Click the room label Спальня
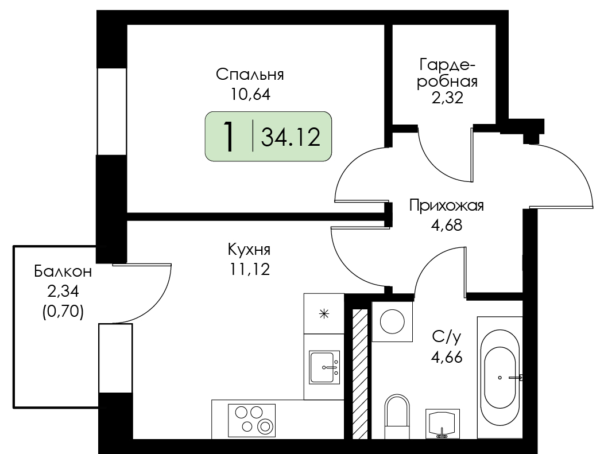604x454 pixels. (250, 74)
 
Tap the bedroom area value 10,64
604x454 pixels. (250, 94)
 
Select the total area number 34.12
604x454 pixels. (291, 137)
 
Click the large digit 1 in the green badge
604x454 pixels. (229, 136)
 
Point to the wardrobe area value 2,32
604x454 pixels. (447, 98)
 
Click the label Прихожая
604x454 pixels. (447, 205)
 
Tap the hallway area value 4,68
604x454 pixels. (447, 225)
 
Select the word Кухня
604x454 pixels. (249, 250)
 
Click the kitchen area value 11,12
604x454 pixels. (250, 269)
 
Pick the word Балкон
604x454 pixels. (63, 271)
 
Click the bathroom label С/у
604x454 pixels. (447, 337)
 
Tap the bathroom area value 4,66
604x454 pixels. (447, 358)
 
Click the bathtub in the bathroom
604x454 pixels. (500, 378)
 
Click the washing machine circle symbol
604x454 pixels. (392, 321)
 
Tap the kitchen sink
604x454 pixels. (324, 367)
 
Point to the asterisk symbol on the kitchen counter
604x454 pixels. (324, 314)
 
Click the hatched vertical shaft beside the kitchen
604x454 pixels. (361, 374)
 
